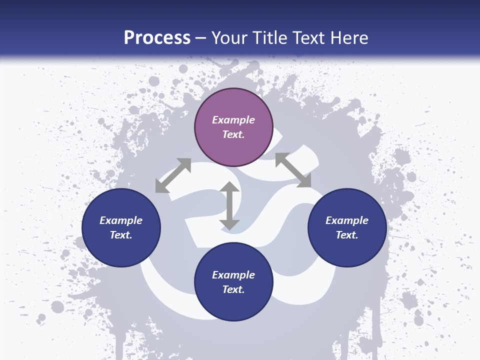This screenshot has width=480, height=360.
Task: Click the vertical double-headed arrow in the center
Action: (229, 206)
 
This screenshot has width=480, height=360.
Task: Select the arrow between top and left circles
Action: (173, 175)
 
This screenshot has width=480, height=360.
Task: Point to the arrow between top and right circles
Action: (293, 170)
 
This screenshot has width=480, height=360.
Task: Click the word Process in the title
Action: (157, 38)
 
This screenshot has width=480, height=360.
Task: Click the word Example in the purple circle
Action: (233, 120)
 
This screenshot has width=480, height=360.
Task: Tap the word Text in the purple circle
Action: (232, 134)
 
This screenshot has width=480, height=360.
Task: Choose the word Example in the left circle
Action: (121, 220)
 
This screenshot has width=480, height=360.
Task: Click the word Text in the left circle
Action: (120, 235)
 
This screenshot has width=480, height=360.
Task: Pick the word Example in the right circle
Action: (347, 220)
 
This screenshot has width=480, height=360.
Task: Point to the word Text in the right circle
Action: (346, 235)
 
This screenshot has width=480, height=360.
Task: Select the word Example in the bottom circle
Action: (233, 275)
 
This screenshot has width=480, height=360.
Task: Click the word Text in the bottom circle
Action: (232, 289)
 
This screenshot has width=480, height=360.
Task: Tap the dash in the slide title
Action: (201, 38)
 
